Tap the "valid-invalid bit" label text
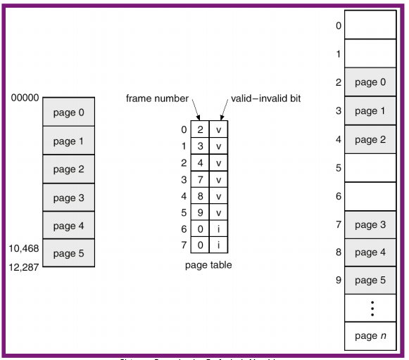265,98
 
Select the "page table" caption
208,265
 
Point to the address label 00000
25,98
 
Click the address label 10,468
24,248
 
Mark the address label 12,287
24,267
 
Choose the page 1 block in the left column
68,141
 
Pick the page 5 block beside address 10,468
68,253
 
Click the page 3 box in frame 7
370,225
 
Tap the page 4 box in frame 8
370,252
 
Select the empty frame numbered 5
370,168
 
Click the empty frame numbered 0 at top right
370,25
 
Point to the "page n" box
370,336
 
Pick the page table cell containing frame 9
200,212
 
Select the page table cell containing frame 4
200,162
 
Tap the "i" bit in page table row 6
219,229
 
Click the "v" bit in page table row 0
219,129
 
